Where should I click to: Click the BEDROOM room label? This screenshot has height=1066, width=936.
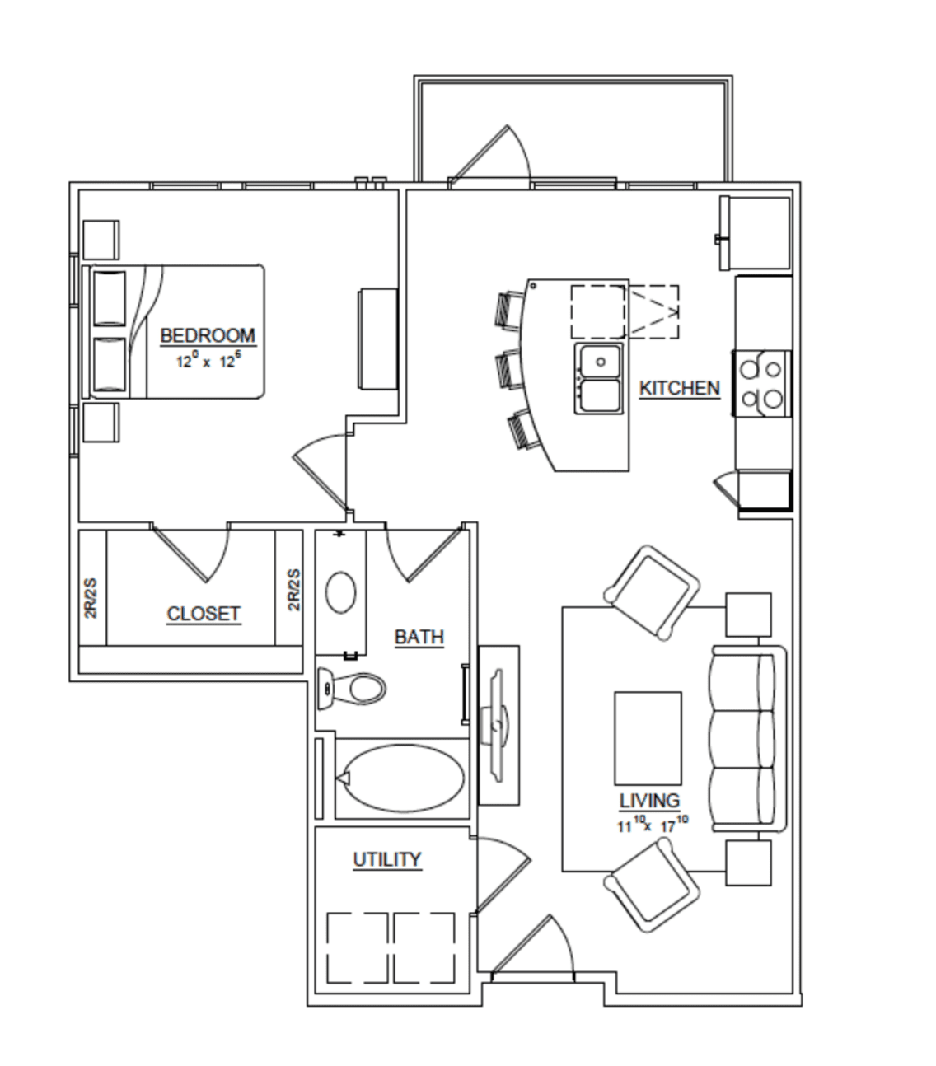point(208,335)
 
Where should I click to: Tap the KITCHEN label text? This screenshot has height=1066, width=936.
point(679,388)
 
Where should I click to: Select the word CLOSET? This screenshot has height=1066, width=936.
point(204,614)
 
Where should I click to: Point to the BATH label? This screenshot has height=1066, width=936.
point(419,637)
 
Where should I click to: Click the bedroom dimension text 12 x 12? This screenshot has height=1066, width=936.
point(208,361)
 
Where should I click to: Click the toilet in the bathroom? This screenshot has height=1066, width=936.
point(352,688)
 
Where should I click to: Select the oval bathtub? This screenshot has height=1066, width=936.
point(402,778)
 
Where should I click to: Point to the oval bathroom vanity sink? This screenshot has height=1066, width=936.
point(340,592)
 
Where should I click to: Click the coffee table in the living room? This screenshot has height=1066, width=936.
point(648,739)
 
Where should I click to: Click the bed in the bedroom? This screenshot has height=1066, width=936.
point(174,331)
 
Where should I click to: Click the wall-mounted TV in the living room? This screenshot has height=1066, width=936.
point(498,725)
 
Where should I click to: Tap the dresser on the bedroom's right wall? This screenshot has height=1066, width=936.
point(378,339)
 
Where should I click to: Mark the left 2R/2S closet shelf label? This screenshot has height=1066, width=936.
point(91,598)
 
